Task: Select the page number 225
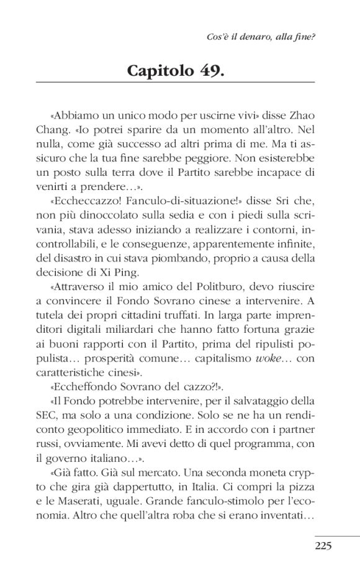pos(324,546)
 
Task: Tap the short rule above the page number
pos(337,535)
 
